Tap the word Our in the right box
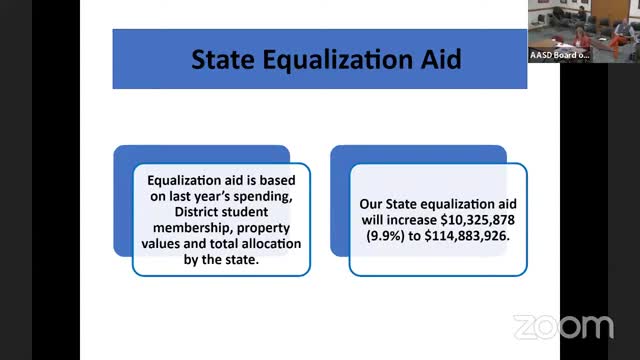371,201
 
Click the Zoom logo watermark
563,326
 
